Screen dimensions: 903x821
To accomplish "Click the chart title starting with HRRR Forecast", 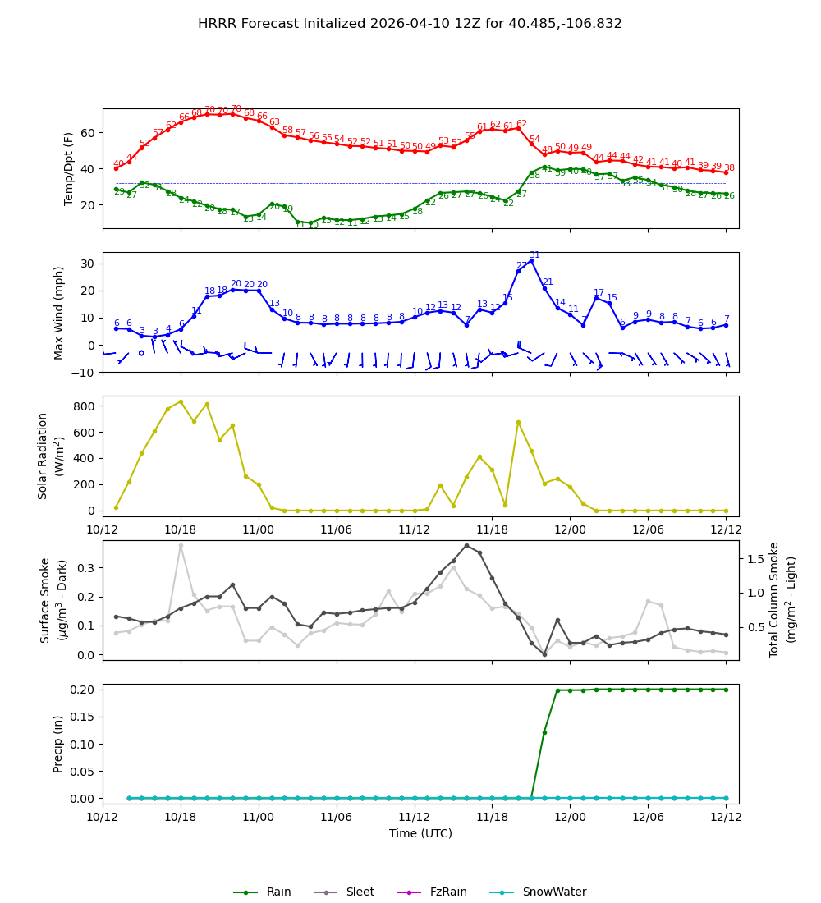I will pos(410,24).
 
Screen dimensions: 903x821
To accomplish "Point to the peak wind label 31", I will pos(534,255).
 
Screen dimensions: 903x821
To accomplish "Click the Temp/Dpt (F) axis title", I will pos(70,168).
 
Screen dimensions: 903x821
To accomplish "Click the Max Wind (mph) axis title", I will pos(59,312).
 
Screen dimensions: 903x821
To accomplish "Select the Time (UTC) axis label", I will pos(420,833).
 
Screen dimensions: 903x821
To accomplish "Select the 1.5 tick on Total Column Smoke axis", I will pos(751,558).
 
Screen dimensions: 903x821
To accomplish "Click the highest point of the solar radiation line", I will pos(181,401).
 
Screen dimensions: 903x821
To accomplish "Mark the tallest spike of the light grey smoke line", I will pos(181,545).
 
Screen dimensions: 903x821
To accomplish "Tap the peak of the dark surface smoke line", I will pos(466,545).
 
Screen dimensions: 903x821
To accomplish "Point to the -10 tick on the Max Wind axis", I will pos(85,372).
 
